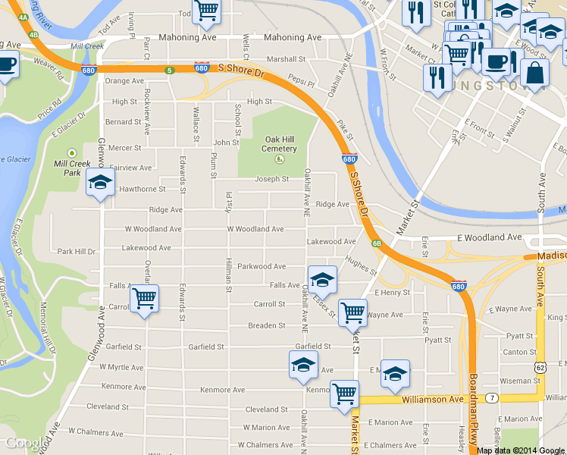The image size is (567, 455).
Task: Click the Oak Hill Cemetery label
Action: tap(280, 144)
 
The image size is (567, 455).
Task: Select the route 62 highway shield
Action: tap(540, 367)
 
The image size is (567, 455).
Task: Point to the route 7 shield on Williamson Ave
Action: tap(492, 398)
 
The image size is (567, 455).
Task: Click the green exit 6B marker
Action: tap(377, 243)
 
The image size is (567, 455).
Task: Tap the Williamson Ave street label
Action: tap(432, 399)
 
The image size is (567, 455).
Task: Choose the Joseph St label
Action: tap(271, 180)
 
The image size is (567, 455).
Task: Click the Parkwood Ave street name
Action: tap(261, 267)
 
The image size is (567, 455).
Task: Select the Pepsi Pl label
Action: tap(301, 80)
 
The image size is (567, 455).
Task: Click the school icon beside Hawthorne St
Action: tap(100, 182)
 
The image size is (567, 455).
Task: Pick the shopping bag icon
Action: tap(534, 73)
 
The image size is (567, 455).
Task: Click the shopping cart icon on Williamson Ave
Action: tap(345, 394)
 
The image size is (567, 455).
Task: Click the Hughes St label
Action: tap(360, 264)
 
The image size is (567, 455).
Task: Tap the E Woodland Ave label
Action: tap(489, 237)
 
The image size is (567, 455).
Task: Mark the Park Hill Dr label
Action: tap(77, 251)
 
